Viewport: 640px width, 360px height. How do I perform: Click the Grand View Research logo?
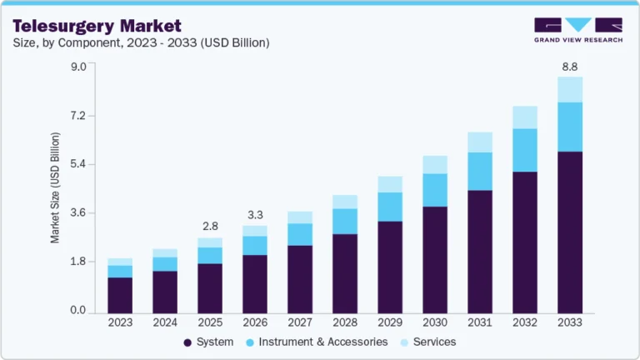pyautogui.click(x=578, y=30)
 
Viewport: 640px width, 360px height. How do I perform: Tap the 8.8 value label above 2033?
pyautogui.click(x=570, y=67)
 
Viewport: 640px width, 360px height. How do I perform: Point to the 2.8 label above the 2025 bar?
pyautogui.click(x=210, y=227)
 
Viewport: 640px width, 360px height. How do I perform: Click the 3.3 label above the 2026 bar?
pyautogui.click(x=255, y=215)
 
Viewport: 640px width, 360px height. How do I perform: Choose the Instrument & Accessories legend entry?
pyautogui.click(x=322, y=342)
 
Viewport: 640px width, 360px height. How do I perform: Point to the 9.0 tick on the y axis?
pyautogui.click(x=77, y=67)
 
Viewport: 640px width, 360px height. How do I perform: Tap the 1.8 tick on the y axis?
pyautogui.click(x=77, y=262)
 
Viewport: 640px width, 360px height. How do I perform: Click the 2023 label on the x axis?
pyautogui.click(x=120, y=322)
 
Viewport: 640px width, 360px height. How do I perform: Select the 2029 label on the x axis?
pyautogui.click(x=390, y=322)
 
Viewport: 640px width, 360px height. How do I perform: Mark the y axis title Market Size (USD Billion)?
pyautogui.click(x=56, y=187)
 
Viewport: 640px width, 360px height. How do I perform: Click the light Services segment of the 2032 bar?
pyautogui.click(x=525, y=117)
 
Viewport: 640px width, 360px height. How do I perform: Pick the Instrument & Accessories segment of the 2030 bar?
pyautogui.click(x=435, y=190)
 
